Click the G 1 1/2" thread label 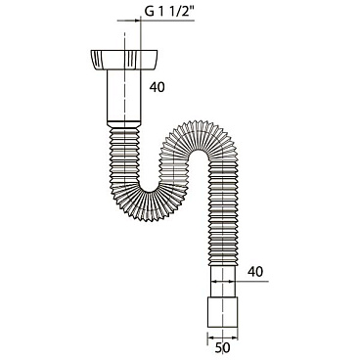[x=169, y=12]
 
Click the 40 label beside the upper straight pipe [x=157, y=87]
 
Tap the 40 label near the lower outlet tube [x=255, y=272]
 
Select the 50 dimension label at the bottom [x=222, y=347]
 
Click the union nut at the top [x=123, y=60]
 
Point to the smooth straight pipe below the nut [x=124, y=95]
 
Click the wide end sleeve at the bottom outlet [x=223, y=312]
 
